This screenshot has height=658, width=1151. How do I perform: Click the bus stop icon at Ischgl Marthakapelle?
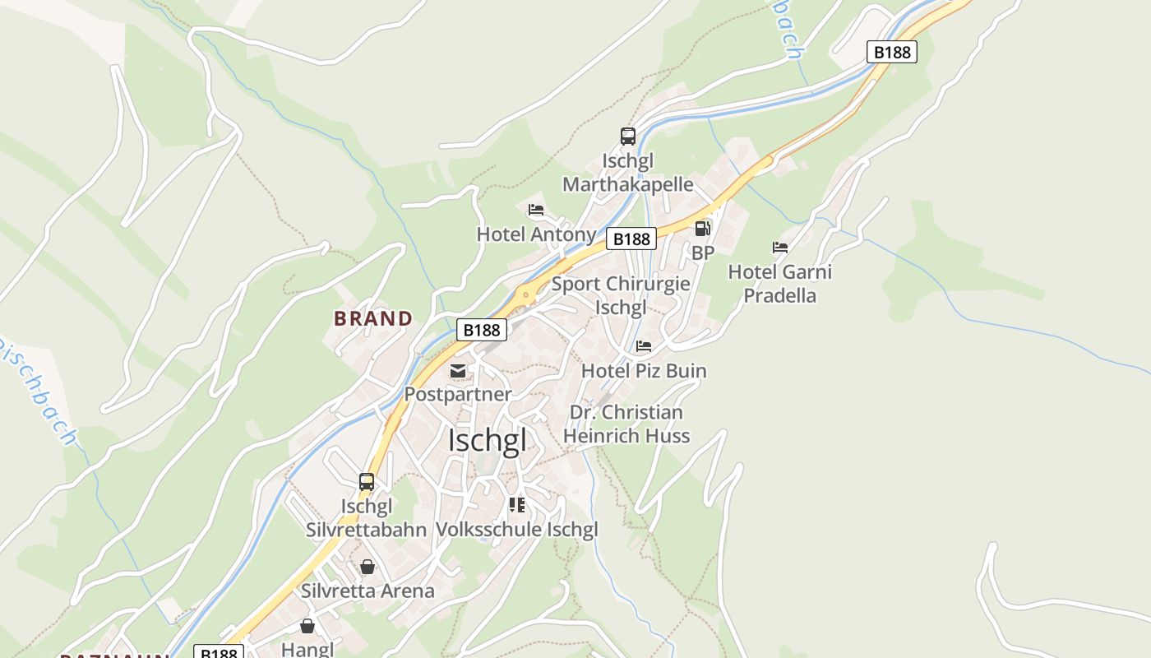(x=627, y=137)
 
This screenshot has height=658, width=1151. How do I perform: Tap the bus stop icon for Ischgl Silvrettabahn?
(x=367, y=482)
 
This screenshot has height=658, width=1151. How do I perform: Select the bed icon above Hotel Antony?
(x=536, y=210)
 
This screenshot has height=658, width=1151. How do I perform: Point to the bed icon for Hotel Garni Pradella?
(x=780, y=247)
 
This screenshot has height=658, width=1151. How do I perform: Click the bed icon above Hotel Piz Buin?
(x=644, y=346)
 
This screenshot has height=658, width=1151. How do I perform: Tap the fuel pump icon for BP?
(x=702, y=229)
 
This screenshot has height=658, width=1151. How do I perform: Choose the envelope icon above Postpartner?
(x=458, y=370)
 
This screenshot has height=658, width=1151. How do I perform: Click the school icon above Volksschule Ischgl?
(x=516, y=504)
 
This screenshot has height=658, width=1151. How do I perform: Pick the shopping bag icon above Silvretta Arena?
(x=367, y=567)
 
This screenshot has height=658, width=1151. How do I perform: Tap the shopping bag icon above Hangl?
(x=307, y=627)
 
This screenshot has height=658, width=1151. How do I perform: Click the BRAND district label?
(x=373, y=318)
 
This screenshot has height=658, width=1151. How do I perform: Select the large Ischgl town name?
(x=487, y=441)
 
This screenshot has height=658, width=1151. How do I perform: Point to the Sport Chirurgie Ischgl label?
(x=621, y=296)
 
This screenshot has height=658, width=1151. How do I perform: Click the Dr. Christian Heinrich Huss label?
(x=626, y=424)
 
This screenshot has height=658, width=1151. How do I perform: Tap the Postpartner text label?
(x=458, y=394)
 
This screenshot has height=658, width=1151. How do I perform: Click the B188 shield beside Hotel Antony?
(x=631, y=239)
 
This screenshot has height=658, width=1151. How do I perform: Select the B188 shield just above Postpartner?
(x=482, y=330)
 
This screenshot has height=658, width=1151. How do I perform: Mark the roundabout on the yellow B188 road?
(x=525, y=293)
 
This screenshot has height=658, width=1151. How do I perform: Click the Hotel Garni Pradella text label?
(x=779, y=283)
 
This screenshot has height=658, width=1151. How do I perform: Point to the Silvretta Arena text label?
(x=367, y=591)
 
